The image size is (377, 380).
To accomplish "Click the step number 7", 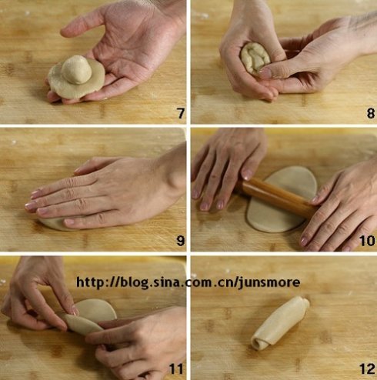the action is (x=181, y=113).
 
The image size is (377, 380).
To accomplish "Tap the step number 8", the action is (x=371, y=113).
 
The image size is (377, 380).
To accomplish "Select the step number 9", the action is (x=181, y=241).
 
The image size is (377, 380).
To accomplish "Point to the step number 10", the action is (x=367, y=241).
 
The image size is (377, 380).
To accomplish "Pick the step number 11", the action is (x=176, y=369).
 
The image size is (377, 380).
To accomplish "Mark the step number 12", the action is (x=367, y=369).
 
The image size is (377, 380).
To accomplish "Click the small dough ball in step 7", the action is (x=76, y=70).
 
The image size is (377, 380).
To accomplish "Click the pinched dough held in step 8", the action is (x=255, y=58).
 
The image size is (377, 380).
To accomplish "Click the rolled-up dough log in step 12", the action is (x=280, y=323).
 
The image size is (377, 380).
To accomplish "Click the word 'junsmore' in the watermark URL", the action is (x=269, y=283).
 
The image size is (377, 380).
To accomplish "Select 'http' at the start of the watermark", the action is (x=90, y=282).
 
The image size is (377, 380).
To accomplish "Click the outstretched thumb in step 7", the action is (x=79, y=25).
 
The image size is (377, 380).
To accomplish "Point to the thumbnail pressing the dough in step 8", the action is (x=265, y=73).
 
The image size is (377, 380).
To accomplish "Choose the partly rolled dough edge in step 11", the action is (x=82, y=325).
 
